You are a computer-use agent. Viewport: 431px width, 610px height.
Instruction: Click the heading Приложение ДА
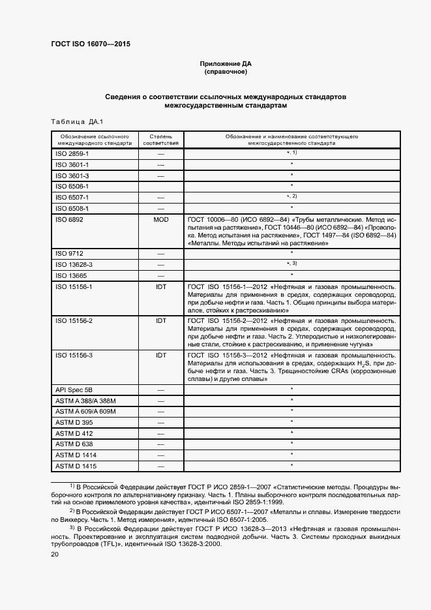pos(226,63)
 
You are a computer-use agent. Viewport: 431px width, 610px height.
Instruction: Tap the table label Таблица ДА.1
pos(72,122)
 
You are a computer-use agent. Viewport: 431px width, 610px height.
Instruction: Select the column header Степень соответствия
pos(160,140)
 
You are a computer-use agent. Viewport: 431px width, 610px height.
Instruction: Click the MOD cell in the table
pos(160,220)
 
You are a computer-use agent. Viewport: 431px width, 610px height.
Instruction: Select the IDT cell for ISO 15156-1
pos(160,286)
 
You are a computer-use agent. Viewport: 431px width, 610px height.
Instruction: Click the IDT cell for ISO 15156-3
pos(160,355)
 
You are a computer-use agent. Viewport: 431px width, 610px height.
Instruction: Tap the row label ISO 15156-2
pos(74,321)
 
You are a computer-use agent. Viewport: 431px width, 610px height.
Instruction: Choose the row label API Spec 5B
pos(75,389)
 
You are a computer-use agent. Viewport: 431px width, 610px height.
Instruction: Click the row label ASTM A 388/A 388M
pos(85,400)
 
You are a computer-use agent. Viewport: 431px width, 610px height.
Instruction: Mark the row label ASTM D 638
pos(74,444)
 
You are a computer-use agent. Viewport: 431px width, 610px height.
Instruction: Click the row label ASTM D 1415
pos(76,466)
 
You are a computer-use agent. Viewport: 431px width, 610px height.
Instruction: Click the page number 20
pos(55,555)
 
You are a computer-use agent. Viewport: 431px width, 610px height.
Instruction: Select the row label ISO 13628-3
pos(74,264)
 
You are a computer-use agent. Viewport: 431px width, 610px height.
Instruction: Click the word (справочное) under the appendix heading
pos(226,72)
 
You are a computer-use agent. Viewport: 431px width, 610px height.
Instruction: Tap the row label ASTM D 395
pos(74,422)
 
